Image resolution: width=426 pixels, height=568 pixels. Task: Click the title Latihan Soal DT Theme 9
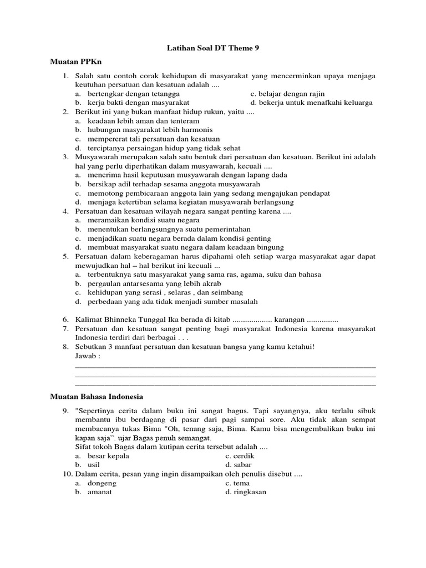[x=213, y=48]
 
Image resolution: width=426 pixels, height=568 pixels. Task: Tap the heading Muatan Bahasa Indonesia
[x=97, y=397]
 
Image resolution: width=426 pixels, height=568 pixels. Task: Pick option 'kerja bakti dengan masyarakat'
[x=138, y=103]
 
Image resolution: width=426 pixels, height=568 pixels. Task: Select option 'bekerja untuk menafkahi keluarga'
[x=315, y=103]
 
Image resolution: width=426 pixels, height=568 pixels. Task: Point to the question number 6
[x=65, y=319]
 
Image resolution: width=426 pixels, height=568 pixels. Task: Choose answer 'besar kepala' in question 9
[x=108, y=456]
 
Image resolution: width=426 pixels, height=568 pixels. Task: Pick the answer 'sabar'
[x=243, y=465]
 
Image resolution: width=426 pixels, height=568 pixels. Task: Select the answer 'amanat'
[x=100, y=492]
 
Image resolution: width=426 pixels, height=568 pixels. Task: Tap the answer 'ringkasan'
[x=250, y=492]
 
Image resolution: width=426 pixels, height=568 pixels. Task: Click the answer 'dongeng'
[x=102, y=483]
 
